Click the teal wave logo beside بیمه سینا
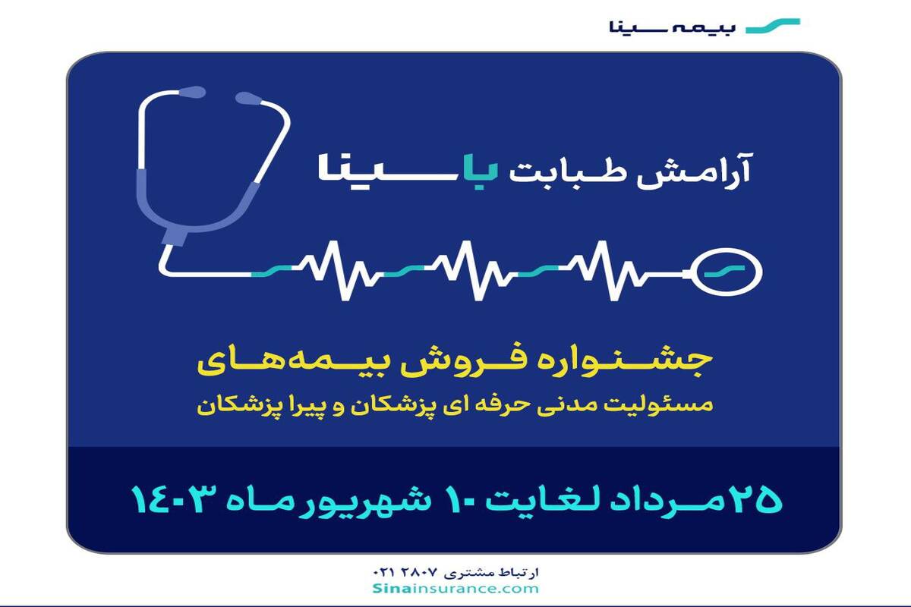773,26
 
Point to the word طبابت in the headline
566,173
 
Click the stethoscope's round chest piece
728,271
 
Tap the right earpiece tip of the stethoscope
248,98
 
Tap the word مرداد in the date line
667,502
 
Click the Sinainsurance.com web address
455,588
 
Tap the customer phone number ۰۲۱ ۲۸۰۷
405,572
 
